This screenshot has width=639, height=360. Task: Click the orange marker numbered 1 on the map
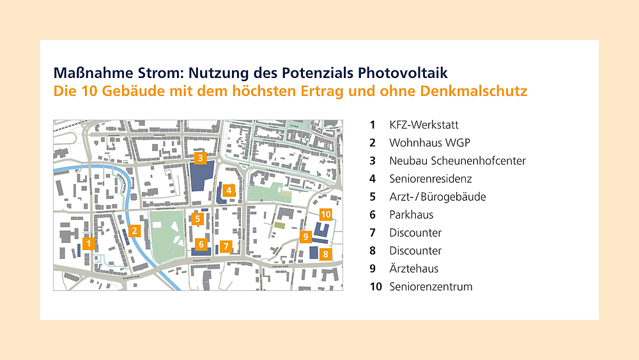[89, 243]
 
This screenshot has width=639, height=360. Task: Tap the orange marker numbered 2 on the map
[134, 231]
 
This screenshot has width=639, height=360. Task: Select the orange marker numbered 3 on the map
[200, 157]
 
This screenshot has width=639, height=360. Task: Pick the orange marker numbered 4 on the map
[228, 189]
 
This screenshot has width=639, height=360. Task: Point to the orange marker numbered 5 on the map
[198, 219]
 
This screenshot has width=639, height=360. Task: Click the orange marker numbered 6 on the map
[201, 244]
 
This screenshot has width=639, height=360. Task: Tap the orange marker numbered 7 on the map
[226, 245]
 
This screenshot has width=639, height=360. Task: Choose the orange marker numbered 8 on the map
[325, 254]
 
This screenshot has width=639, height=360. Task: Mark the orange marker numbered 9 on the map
[306, 237]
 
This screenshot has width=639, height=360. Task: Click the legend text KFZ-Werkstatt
[424, 125]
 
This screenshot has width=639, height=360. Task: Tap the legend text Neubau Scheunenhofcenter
[458, 160]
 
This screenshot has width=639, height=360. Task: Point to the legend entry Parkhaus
[411, 215]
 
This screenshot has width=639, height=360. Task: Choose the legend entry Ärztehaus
[413, 269]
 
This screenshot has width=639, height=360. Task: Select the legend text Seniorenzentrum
[431, 286]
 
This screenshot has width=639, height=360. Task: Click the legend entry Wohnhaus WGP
[420, 143]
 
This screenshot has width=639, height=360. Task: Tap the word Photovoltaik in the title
[407, 72]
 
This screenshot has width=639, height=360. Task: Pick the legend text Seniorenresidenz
[431, 178]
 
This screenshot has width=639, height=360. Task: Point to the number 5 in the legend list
[373, 197]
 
